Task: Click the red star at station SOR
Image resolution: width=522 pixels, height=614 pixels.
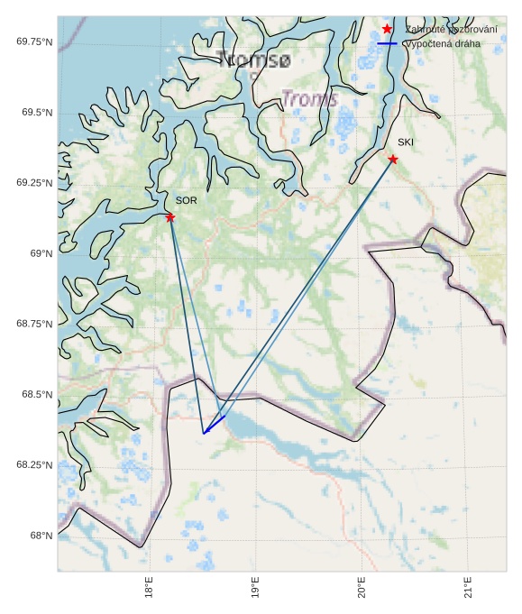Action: [170, 217]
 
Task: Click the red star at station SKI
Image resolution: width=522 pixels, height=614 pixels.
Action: [393, 160]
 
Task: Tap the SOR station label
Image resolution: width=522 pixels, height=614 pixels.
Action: [186, 200]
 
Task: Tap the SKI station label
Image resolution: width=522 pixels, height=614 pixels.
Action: [406, 142]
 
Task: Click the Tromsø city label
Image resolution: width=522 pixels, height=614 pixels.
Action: [255, 60]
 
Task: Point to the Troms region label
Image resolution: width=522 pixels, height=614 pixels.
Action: [309, 98]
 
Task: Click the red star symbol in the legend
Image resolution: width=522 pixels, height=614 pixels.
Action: [387, 30]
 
